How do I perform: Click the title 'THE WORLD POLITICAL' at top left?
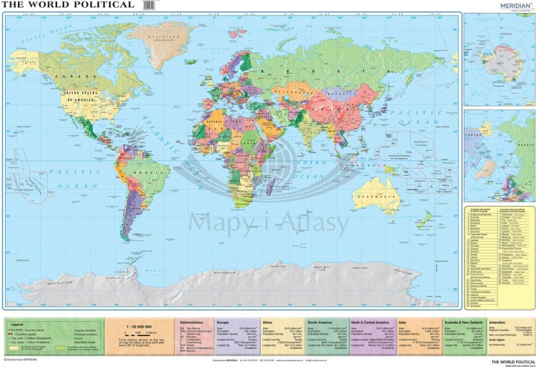pyautogui.click(x=69, y=5)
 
